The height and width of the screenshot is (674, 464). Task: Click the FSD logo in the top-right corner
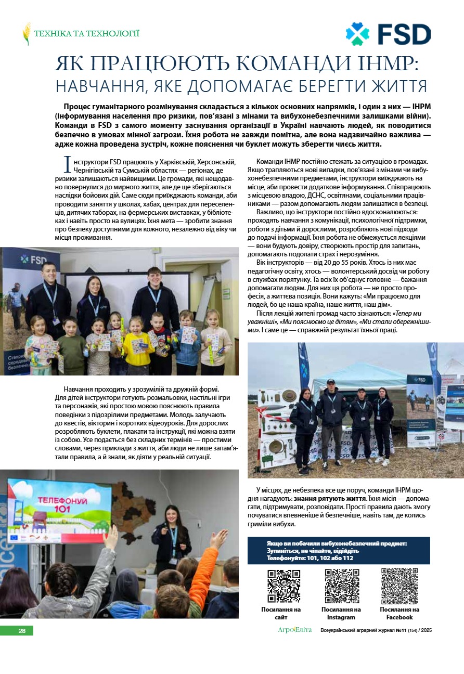pyautogui.click(x=388, y=34)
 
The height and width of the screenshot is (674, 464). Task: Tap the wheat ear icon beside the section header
pyautogui.click(x=27, y=34)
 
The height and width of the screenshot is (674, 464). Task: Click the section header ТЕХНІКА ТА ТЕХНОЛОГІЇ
pyautogui.click(x=86, y=34)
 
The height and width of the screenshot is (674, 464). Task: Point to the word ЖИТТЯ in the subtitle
pyautogui.click(x=399, y=85)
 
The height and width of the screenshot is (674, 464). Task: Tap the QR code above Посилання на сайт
pyautogui.click(x=283, y=586)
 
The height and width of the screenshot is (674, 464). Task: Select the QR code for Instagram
pyautogui.click(x=342, y=586)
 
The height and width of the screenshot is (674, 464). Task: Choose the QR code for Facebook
pyautogui.click(x=399, y=586)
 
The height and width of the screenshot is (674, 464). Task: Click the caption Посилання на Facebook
pyautogui.click(x=399, y=613)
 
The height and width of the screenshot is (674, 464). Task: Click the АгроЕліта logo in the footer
pyautogui.click(x=294, y=630)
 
